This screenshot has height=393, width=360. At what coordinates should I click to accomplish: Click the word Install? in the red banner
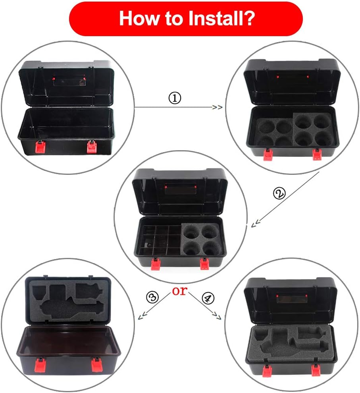point(221,18)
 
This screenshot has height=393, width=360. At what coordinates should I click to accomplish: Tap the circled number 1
point(175,98)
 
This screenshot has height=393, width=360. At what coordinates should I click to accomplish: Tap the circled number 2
point(279,194)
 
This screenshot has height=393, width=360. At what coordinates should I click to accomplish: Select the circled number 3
point(152,297)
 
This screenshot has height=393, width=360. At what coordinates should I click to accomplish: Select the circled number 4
point(208,298)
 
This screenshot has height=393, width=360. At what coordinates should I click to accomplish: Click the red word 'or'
point(180,291)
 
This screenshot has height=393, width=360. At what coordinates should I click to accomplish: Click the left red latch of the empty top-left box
point(40,147)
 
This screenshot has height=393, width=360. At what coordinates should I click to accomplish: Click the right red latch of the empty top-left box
point(91,147)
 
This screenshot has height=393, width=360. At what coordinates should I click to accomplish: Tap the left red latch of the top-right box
point(268,155)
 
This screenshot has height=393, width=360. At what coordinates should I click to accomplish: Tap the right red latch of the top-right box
point(317,154)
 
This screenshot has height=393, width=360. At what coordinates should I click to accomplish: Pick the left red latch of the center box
point(156,264)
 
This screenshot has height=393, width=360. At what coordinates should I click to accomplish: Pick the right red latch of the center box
point(205,264)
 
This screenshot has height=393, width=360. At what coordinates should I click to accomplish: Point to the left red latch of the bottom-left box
point(40,365)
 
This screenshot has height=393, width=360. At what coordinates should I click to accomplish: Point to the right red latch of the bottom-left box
point(97,365)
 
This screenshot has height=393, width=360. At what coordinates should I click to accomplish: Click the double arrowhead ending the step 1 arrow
point(217,107)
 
